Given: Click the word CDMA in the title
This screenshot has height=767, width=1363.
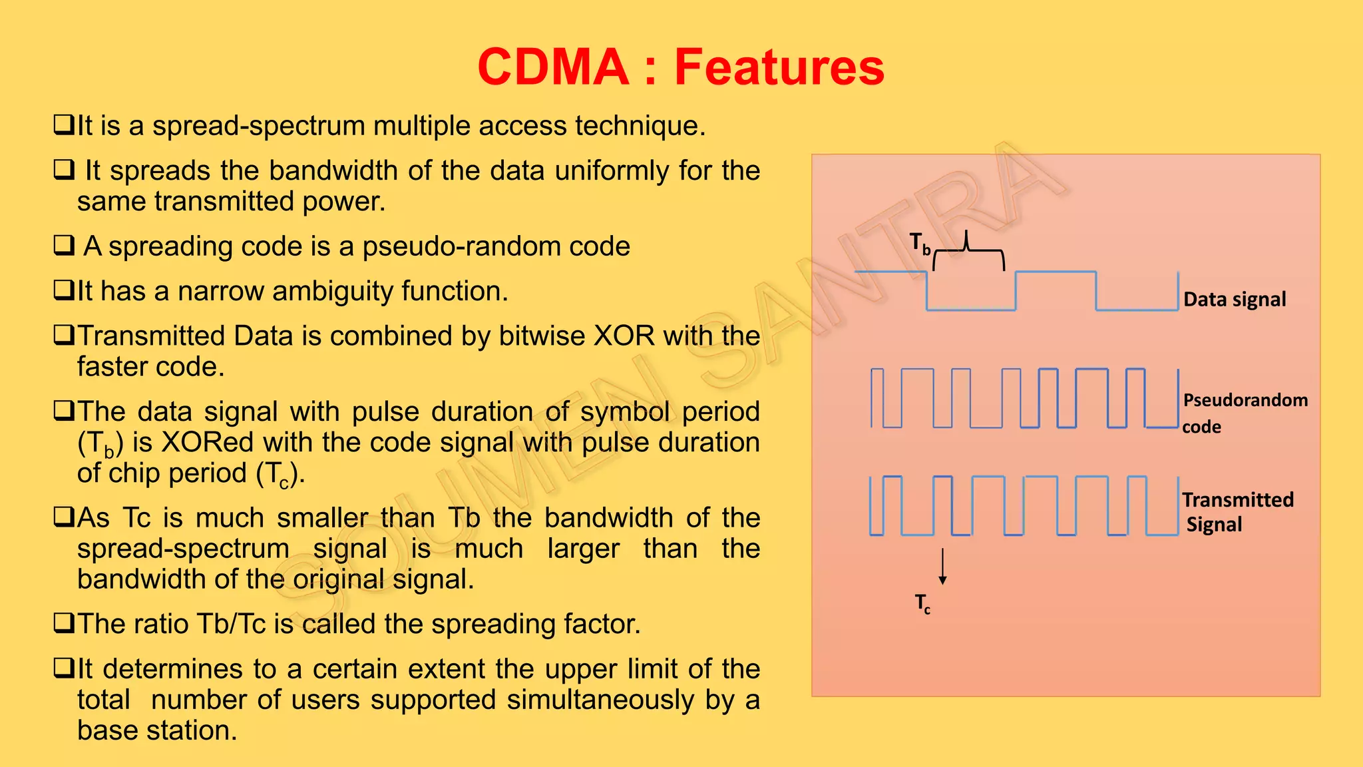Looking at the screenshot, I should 553,67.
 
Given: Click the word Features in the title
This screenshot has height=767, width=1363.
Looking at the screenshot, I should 779,67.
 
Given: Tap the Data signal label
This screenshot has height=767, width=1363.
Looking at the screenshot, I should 1235,300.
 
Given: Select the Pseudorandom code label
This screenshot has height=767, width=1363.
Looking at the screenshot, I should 1245,413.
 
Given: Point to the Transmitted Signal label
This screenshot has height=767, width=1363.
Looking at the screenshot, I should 1238,512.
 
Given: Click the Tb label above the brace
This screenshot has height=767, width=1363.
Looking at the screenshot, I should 920,244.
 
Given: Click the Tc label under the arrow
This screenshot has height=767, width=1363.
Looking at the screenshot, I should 922,603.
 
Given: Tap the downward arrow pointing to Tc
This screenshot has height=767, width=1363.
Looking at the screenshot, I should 942,567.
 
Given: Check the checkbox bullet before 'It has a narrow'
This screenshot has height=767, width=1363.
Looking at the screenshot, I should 64,290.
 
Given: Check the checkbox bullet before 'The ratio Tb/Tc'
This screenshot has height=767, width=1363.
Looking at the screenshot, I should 64,623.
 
